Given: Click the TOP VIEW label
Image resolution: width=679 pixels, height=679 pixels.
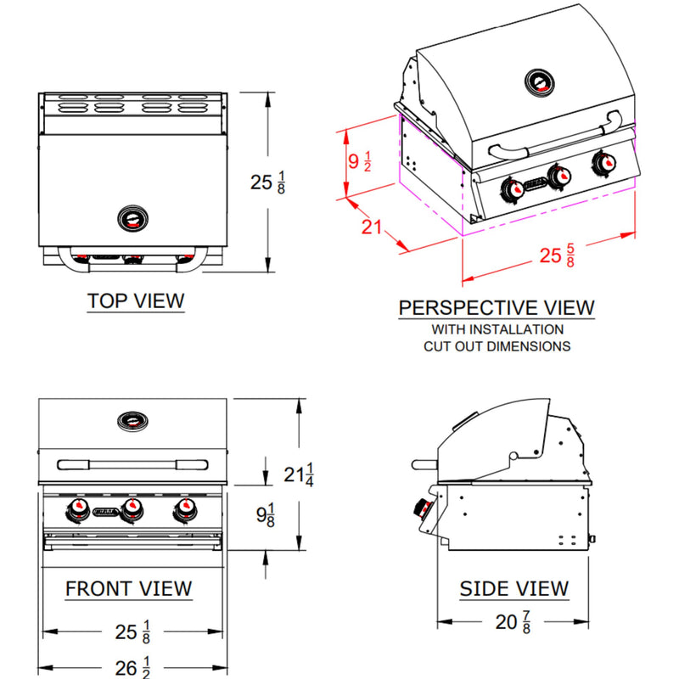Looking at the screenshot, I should point(136,300).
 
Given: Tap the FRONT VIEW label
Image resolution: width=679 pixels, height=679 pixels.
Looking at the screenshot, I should point(129,588).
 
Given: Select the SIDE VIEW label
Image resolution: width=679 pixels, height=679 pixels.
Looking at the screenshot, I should point(513,588).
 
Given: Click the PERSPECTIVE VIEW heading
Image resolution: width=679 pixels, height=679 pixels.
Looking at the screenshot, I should point(497,307).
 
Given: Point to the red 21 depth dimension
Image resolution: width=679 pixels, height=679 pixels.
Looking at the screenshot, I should point(371,227).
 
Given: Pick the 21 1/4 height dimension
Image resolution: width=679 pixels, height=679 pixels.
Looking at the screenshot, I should point(299,474).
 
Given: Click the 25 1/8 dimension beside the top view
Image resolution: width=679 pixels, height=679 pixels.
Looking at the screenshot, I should point(268,182).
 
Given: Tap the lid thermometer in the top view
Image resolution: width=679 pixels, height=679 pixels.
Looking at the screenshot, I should point(132,218).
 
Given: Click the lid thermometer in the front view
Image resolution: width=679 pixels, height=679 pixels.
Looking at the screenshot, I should point(132,419).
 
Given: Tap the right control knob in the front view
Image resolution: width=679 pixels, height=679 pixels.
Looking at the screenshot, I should point(184,509).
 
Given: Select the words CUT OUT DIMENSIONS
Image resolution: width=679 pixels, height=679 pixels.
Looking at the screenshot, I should point(497,346).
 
